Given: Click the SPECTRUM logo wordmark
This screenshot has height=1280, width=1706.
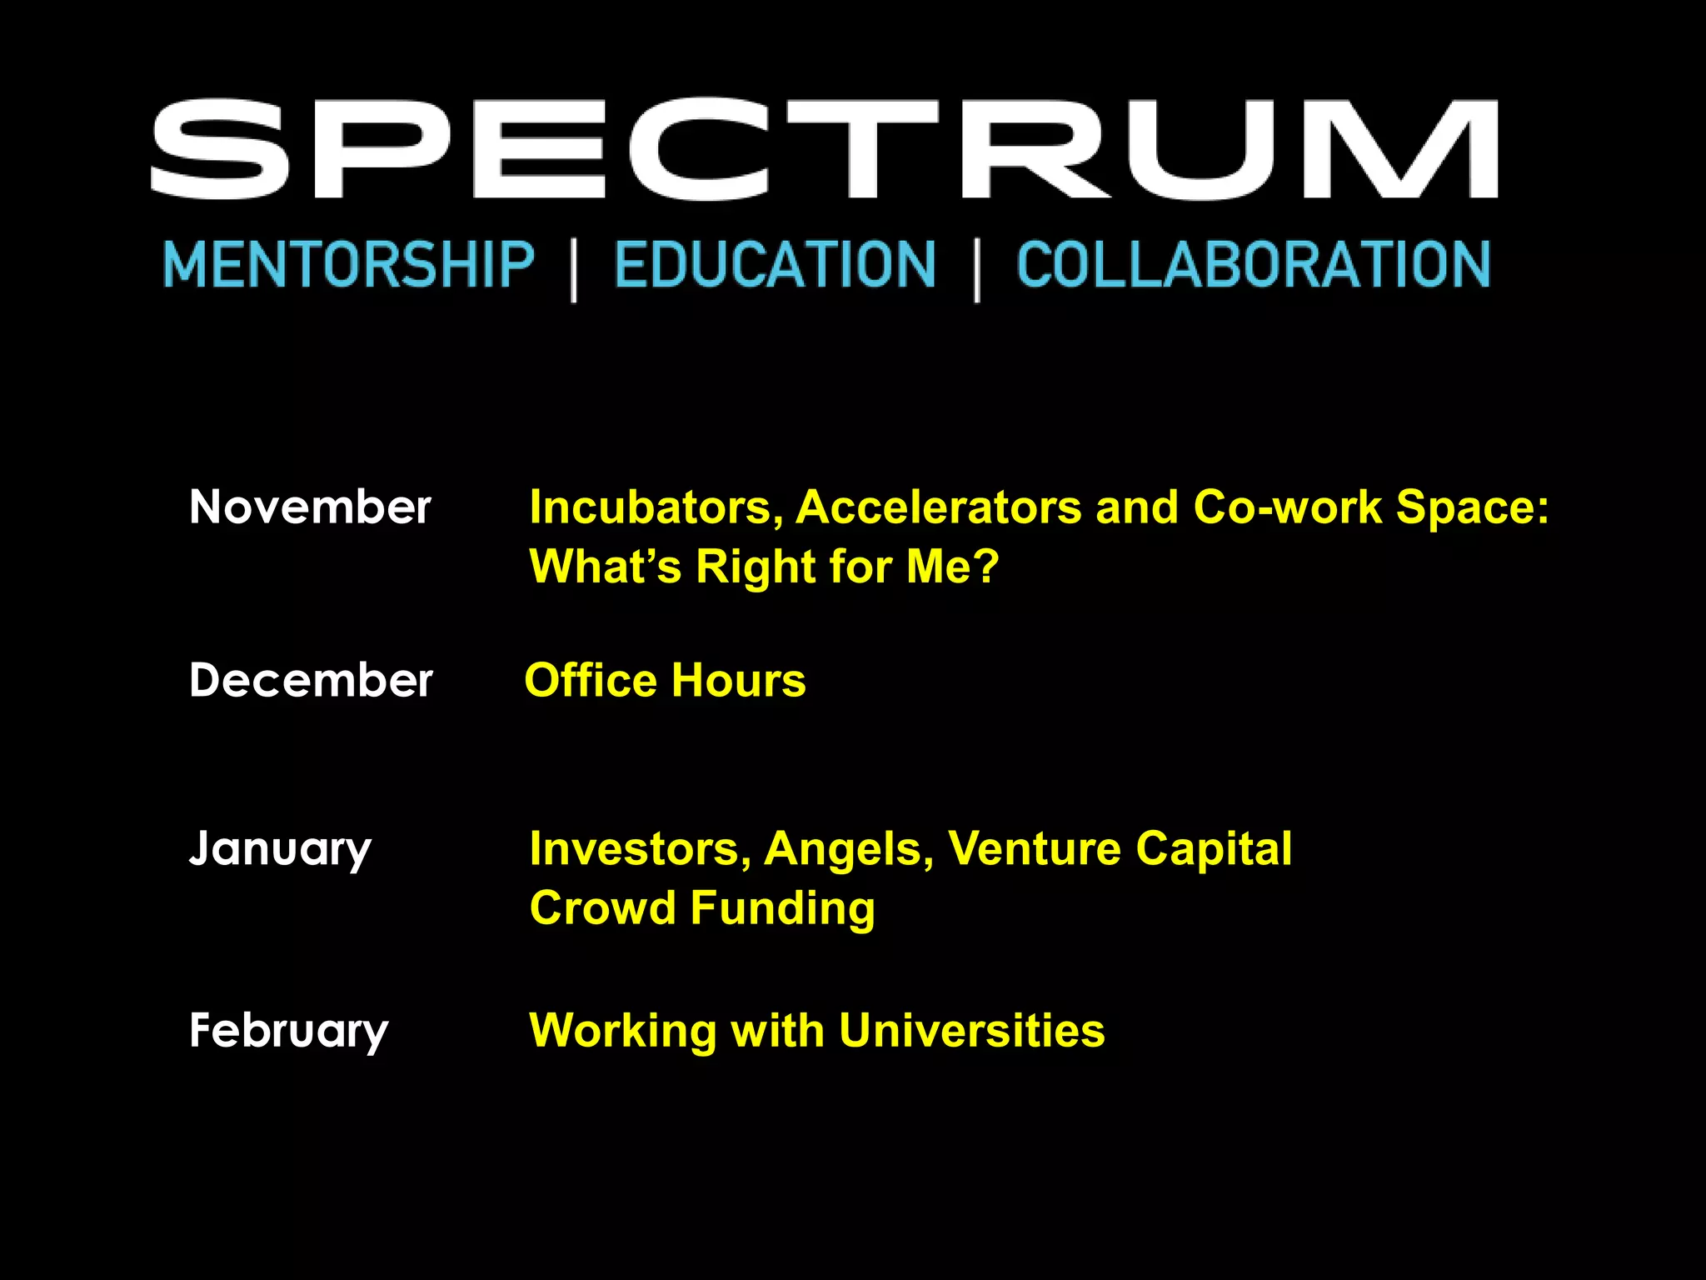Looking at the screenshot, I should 825,150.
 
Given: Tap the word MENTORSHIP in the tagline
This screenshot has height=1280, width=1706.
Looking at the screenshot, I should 349,265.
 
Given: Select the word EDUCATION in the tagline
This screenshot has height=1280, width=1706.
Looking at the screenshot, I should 776,265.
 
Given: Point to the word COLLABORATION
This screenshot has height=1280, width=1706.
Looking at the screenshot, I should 1254,265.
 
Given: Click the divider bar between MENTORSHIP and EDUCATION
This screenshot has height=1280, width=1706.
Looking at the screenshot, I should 574,268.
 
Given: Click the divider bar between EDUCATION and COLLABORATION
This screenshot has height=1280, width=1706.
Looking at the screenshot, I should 977,268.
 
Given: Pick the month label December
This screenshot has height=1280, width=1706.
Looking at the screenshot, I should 311,680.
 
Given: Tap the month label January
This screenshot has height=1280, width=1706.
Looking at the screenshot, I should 280,849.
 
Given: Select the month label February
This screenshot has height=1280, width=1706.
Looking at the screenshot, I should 288,1031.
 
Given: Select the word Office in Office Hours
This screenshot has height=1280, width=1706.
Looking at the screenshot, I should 591,680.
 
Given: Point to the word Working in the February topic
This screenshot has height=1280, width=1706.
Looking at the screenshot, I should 623,1032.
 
